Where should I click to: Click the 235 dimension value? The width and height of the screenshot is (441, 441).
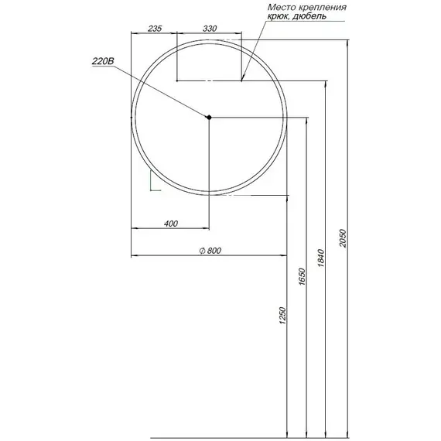click(153, 29)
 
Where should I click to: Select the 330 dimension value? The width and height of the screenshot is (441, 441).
click(209, 29)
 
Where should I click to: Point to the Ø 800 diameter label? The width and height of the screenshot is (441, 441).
click(210, 250)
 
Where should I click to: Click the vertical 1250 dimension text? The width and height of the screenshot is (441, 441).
click(284, 316)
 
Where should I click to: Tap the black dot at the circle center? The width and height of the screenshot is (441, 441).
click(209, 117)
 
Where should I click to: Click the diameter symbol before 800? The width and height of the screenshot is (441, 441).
click(200, 250)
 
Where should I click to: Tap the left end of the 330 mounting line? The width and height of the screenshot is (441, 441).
click(177, 80)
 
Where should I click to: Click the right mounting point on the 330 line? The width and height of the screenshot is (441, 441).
click(241, 80)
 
